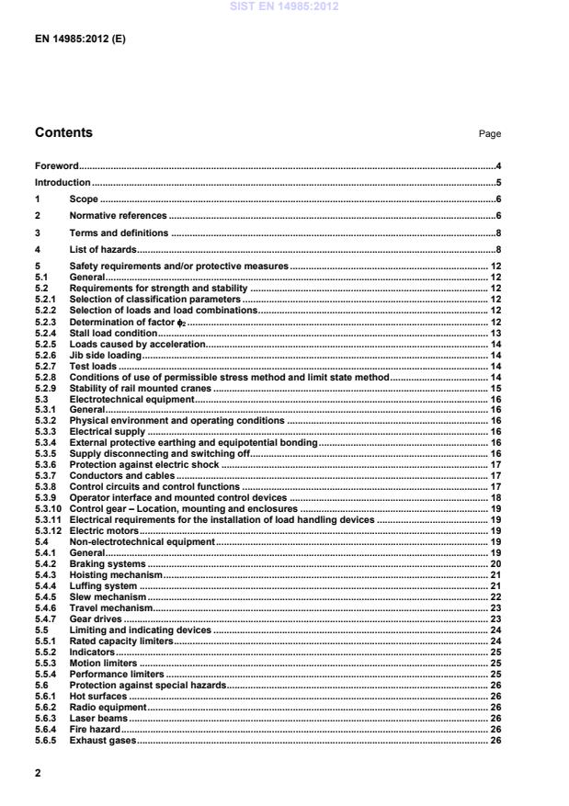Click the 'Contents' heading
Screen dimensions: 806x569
[63, 132]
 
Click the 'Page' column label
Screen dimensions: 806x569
[489, 134]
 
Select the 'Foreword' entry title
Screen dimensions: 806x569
[55, 166]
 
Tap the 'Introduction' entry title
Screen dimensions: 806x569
[63, 182]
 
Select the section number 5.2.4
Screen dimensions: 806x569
[46, 334]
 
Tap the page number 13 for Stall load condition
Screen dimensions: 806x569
[494, 334]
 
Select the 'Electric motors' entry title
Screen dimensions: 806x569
[103, 530]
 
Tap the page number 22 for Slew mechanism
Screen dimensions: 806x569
[494, 596]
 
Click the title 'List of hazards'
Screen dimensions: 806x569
[103, 249]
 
